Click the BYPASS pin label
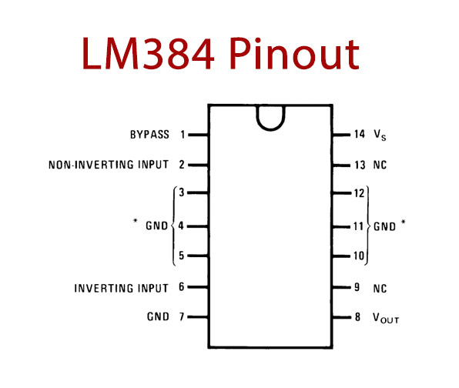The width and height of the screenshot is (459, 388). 149,135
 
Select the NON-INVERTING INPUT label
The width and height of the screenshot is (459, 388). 109,165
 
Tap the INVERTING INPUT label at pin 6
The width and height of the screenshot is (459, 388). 121,288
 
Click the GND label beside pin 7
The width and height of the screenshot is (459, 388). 158,316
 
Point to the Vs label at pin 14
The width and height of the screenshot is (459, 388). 380,135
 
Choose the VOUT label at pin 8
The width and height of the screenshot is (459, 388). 386,318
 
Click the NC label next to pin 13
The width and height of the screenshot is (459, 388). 380,165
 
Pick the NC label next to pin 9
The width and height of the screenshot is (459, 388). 380,289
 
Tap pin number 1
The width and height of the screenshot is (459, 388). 183,135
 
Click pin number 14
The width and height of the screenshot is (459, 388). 360,134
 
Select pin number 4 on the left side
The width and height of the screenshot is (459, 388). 181,226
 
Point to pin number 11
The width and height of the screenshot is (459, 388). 359,226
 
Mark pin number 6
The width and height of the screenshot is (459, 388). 182,286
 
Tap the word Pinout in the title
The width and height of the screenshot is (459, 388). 294,54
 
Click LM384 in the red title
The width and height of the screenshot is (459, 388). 148,54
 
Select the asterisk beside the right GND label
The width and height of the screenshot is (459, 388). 403,222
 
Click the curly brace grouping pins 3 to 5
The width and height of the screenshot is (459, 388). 173,226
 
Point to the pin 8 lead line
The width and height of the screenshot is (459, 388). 342,317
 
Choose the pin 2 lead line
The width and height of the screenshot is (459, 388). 198,166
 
